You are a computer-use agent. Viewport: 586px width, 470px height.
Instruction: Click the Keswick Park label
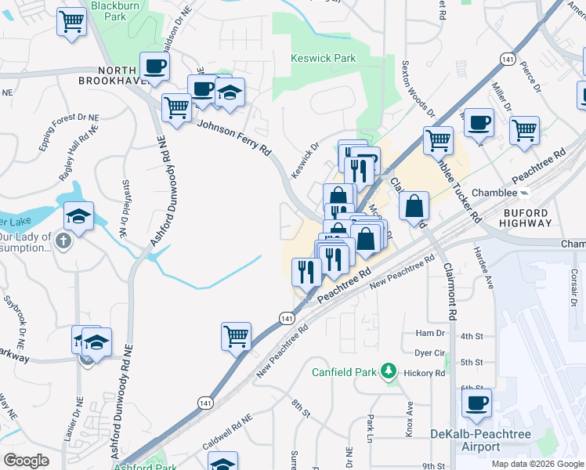click(323, 59)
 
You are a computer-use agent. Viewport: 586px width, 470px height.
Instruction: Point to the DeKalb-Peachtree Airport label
click(480, 440)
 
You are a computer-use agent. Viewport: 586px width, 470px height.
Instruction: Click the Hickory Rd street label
click(425, 373)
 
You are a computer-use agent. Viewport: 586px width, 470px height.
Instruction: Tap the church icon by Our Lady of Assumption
click(64, 241)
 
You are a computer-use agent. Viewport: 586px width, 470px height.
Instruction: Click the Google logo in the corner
click(26, 460)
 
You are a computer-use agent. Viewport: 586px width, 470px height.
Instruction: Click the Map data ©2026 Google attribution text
click(537, 463)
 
